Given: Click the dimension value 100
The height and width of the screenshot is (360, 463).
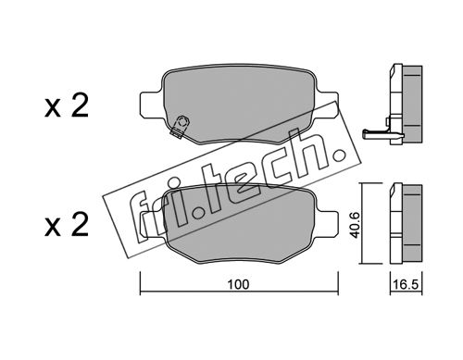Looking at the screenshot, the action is [x=238, y=284].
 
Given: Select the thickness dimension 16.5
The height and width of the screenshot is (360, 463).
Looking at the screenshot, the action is [x=406, y=284].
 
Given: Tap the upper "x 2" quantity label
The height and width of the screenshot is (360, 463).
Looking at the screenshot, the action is [x=67, y=106].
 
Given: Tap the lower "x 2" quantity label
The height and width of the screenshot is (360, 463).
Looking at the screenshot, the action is [x=67, y=225].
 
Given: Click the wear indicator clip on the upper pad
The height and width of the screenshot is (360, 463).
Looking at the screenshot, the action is [x=179, y=126].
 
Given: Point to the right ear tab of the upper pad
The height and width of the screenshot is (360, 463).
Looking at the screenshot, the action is [x=328, y=105].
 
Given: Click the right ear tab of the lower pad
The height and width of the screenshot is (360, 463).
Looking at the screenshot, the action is [x=328, y=223].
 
